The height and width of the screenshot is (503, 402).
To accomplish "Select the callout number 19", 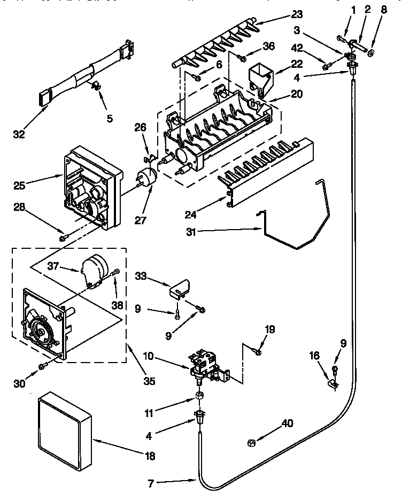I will pyautogui.click(x=270, y=329).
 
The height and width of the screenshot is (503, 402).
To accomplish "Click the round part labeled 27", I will pyautogui.click(x=146, y=177).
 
